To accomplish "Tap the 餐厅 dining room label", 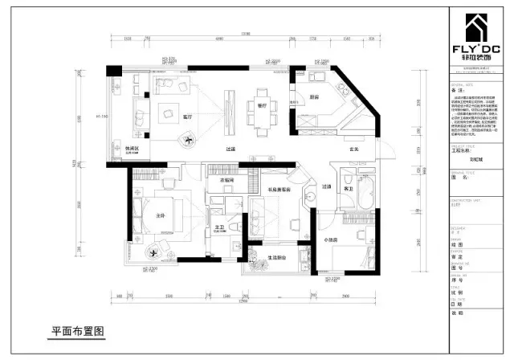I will pos(261,104).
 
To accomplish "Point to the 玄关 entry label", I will pos(330,149).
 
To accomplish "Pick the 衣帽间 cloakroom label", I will pos(226,181).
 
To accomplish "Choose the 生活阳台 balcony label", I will pos(277,257).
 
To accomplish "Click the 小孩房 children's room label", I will pos(331,239).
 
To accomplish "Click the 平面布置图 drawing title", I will pos(78,330).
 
